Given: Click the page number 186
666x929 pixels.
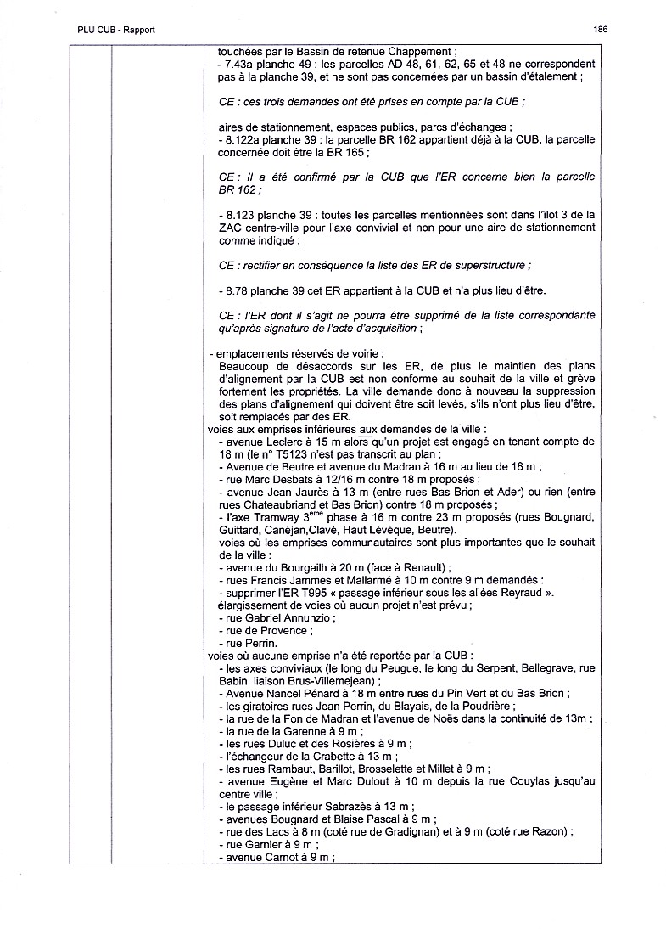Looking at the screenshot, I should click(601, 29).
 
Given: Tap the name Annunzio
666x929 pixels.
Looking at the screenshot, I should click(305, 618).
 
